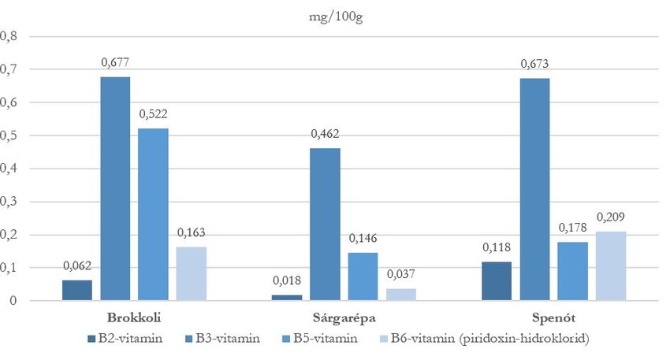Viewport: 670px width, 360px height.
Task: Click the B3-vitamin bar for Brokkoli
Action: pyautogui.click(x=115, y=188)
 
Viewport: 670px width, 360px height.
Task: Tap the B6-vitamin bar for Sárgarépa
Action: pyautogui.click(x=401, y=294)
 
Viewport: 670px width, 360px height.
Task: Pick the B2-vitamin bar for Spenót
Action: pyautogui.click(x=497, y=280)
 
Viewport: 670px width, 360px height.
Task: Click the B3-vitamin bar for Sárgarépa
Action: pyautogui.click(x=325, y=224)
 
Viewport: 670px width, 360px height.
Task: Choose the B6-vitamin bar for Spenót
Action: pyautogui.click(x=611, y=265)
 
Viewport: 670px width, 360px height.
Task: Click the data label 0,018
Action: pyautogui.click(x=287, y=280)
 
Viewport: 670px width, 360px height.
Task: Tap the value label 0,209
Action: pyautogui.click(x=611, y=217)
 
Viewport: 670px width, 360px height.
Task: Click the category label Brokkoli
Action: pyautogui.click(x=134, y=318)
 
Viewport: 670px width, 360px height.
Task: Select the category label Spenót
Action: pyautogui.click(x=553, y=318)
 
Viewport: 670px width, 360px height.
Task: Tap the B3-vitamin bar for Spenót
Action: pyautogui.click(x=534, y=189)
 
